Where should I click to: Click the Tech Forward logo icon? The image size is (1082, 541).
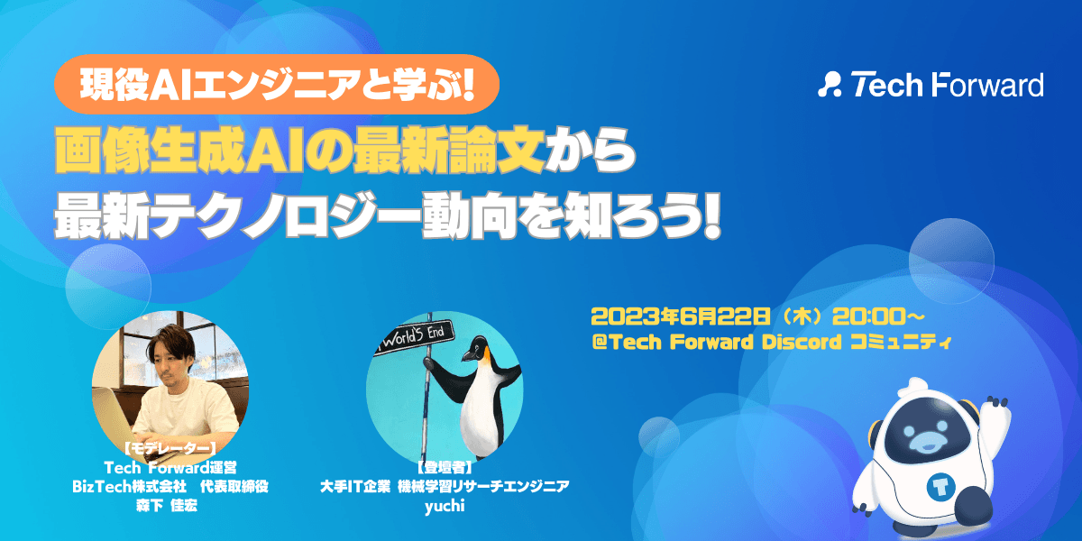[x=830, y=85]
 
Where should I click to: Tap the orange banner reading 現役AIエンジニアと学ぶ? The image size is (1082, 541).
[x=277, y=84]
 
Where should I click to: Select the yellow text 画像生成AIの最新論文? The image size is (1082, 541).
[x=300, y=151]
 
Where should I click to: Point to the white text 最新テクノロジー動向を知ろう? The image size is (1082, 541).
[x=388, y=215]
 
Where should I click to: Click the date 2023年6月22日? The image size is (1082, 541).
[x=681, y=316]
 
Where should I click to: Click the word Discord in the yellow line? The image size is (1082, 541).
[x=802, y=342]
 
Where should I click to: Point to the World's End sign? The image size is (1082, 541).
[x=415, y=337]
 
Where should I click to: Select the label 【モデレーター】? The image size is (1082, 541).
[x=170, y=448]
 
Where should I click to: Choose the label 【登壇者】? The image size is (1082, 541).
[x=445, y=467]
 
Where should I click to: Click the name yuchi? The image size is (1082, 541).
[x=445, y=506]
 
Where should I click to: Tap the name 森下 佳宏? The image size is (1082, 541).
[x=167, y=506]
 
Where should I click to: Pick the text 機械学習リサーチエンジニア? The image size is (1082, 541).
[x=483, y=486]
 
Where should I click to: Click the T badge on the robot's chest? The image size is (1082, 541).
[x=940, y=487]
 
